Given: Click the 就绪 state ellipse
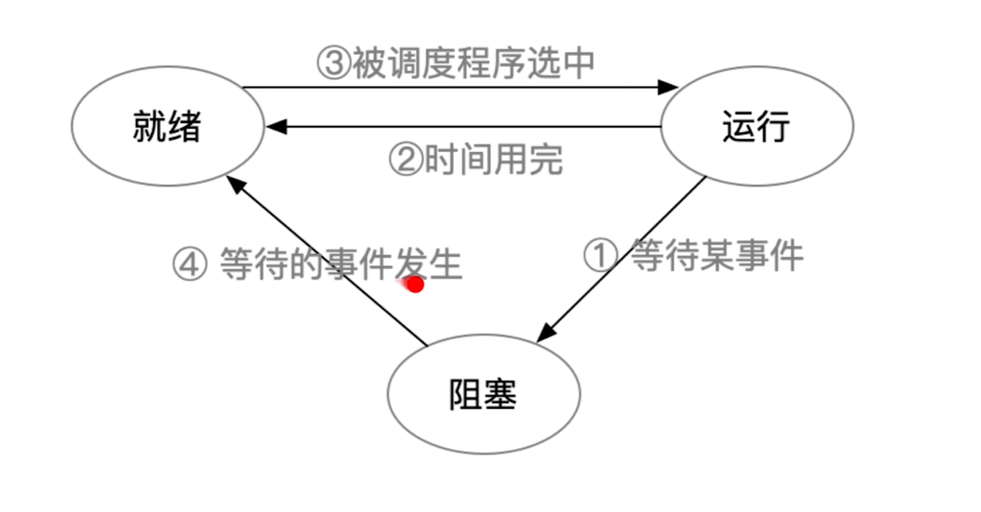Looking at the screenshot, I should [x=168, y=125].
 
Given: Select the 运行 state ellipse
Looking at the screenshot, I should [x=757, y=125].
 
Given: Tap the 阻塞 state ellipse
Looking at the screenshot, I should [x=483, y=394].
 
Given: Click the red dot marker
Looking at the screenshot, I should [x=414, y=285].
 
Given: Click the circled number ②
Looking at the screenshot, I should [x=405, y=159].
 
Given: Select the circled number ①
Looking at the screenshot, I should [x=600, y=256].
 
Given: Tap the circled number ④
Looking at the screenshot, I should [x=188, y=264].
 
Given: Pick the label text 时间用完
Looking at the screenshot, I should [x=493, y=159].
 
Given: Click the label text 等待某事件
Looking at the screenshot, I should [x=716, y=256].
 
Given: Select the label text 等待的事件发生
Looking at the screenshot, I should [x=341, y=264].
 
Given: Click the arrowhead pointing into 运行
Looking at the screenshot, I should [x=669, y=87].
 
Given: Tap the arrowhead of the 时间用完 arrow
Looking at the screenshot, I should [x=275, y=127].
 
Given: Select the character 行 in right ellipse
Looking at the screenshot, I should [x=774, y=126].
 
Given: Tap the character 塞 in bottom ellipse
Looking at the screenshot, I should [x=500, y=394].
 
